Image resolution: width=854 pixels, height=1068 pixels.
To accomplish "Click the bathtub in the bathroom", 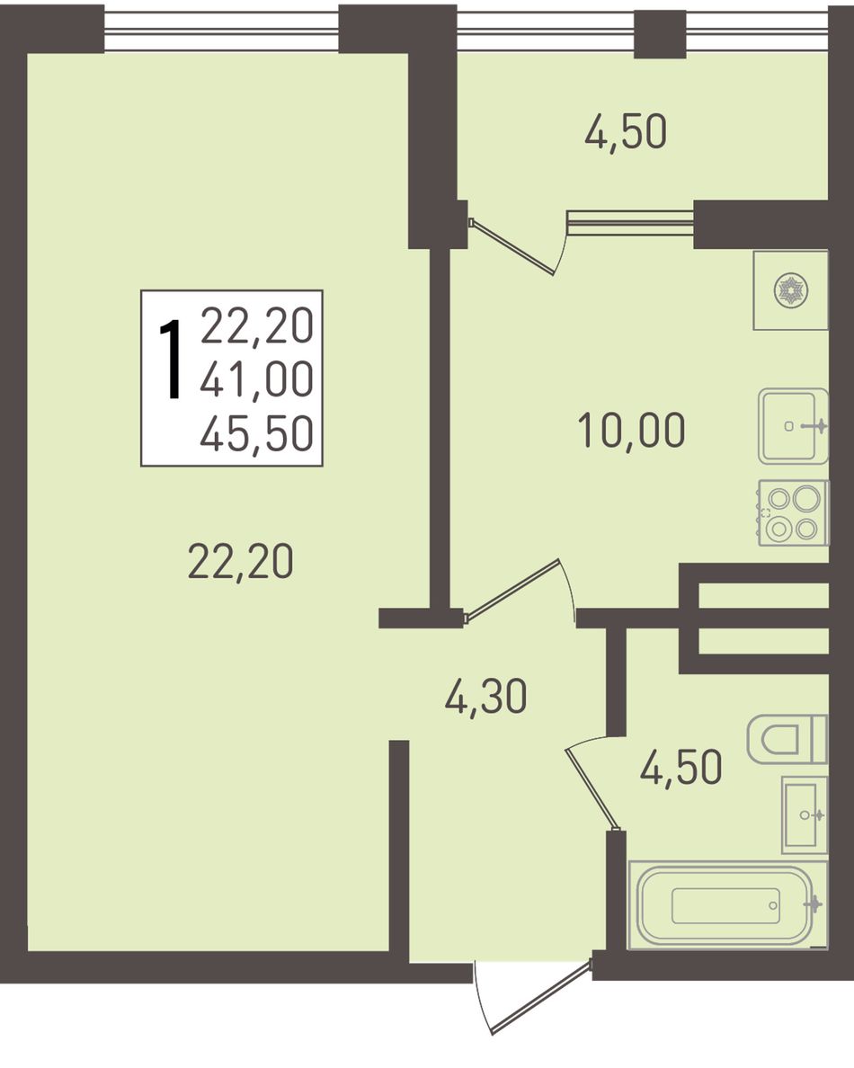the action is (x=727, y=905).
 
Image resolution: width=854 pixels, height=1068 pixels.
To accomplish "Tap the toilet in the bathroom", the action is (x=787, y=739).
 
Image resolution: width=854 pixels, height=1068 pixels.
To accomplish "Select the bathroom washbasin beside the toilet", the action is (x=805, y=814).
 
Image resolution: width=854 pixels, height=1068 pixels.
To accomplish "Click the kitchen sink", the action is (x=794, y=426).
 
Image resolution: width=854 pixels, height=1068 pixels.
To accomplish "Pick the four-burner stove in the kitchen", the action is (x=794, y=512).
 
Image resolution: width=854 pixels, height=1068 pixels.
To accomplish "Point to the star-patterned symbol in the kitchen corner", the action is (x=790, y=291).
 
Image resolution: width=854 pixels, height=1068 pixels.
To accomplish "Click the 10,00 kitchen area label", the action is (x=631, y=432).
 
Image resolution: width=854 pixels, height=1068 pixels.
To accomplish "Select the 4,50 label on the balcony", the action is (x=626, y=132).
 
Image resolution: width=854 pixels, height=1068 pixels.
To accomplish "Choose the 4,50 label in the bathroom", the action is (x=681, y=768).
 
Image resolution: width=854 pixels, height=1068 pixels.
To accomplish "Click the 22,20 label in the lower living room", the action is (x=240, y=562).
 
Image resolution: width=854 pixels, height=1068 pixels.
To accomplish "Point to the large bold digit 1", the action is (x=171, y=359).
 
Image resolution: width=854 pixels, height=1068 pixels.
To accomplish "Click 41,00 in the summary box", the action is (x=257, y=379).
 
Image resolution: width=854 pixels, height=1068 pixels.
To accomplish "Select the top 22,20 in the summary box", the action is (x=257, y=325).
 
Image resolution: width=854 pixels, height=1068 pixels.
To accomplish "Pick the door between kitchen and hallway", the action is (x=512, y=591).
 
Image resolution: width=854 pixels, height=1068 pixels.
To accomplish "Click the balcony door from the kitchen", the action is (x=512, y=246).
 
